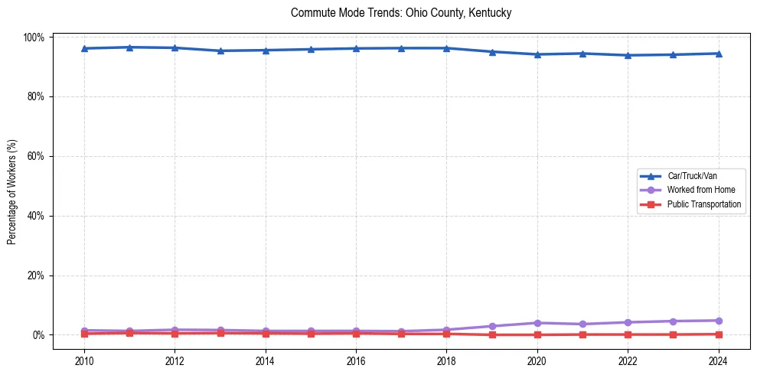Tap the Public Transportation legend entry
pyautogui.click(x=704, y=204)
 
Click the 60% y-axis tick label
pyautogui.click(x=37, y=156)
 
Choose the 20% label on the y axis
pyautogui.click(x=37, y=276)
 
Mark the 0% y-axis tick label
pyautogui.click(x=39, y=335)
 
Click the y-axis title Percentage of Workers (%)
pyautogui.click(x=12, y=186)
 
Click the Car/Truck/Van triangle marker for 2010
pyautogui.click(x=84, y=48)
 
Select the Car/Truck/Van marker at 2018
pyautogui.click(x=446, y=48)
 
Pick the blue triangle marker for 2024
pyautogui.click(x=718, y=54)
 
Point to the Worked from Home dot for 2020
pyautogui.click(x=537, y=323)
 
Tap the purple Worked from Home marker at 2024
pyautogui.click(x=718, y=321)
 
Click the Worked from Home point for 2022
pyautogui.click(x=628, y=322)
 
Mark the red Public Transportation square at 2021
pyautogui.click(x=582, y=334)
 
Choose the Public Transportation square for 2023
pyautogui.click(x=673, y=334)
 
